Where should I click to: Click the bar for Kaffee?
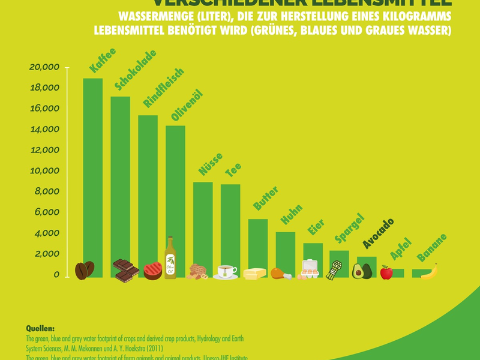pos(92,174)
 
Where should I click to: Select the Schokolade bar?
pos(120,180)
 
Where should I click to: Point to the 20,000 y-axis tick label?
pos(44,67)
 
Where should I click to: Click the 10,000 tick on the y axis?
pos(44,171)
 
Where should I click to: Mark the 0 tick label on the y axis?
pos(56,275)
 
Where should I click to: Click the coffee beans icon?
pos(84,271)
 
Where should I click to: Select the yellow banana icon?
pos(429,272)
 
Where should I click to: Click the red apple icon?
pos(386,273)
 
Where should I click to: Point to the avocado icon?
pos(362,271)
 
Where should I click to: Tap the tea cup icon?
pos(226,271)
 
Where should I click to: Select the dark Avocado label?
pos(379,233)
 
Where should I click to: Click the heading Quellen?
pos(40,329)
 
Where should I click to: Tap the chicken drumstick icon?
pos(280,274)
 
